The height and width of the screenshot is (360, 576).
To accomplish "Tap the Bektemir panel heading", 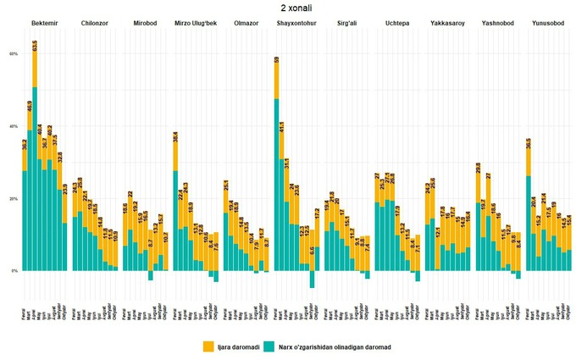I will point(44,22).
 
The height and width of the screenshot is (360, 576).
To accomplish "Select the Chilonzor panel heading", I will point(93,22).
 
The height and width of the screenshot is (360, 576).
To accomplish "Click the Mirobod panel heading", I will point(145,22).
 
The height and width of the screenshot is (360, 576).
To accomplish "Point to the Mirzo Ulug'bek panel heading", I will point(195,22).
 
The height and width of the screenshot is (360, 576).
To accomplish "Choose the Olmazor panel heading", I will point(245,22).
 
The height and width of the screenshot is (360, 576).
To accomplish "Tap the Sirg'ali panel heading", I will point(346,22).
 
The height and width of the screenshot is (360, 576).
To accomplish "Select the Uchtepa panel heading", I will point(396,22).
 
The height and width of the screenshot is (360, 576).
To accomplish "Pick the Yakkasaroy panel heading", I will point(446,22).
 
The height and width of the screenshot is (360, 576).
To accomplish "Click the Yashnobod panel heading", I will point(497,22).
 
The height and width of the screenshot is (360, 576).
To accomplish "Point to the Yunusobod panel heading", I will point(547,22).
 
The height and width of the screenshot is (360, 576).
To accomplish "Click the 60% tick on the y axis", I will point(14,53).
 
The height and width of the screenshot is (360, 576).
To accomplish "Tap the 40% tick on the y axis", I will point(14,126).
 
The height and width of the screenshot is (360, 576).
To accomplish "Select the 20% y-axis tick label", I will point(14,199).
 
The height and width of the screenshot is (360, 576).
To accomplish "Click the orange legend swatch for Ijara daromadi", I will point(208,346).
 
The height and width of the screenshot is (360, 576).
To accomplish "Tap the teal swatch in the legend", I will point(269,346).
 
